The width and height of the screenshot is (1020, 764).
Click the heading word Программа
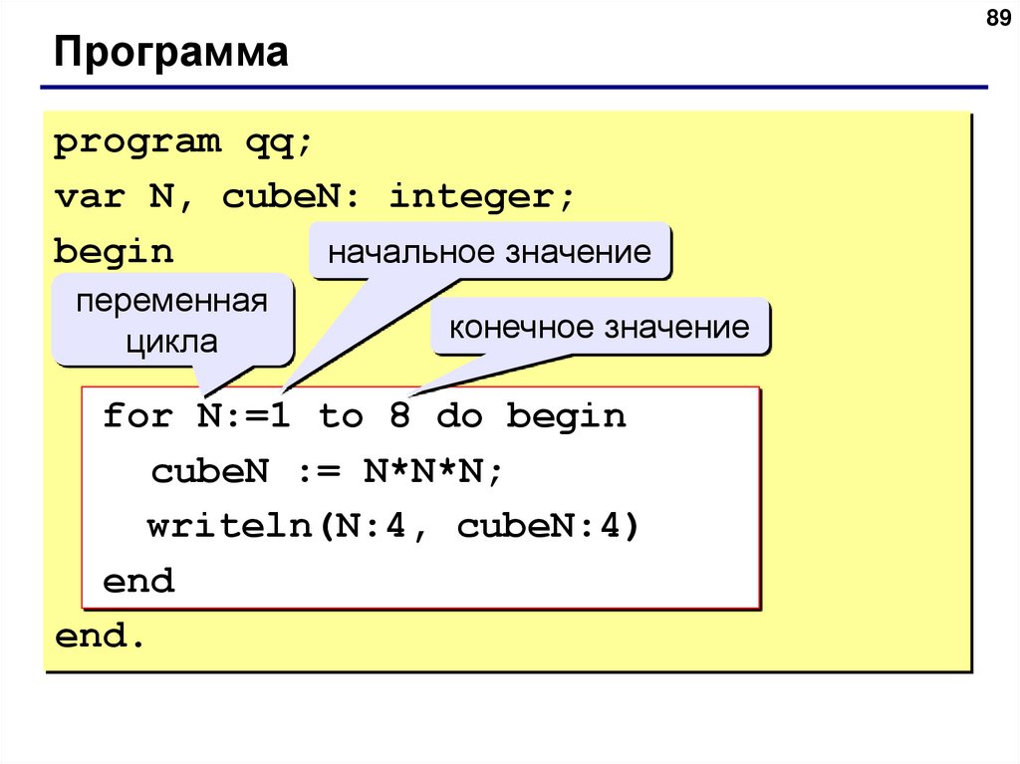[x=171, y=52]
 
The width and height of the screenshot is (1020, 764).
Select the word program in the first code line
[x=136, y=143]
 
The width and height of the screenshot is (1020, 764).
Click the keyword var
[x=89, y=196]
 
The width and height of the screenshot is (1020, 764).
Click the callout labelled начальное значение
[x=489, y=251]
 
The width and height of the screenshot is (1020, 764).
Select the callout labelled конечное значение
[x=600, y=327]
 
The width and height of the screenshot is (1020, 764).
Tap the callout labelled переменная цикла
[x=172, y=322]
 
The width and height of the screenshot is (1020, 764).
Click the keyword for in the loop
[x=137, y=415]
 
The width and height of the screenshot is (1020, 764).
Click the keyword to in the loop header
[x=341, y=415]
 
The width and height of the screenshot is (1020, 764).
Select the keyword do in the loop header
[x=458, y=415]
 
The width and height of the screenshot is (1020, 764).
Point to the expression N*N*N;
[x=433, y=471]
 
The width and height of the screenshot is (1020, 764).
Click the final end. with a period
[x=101, y=636]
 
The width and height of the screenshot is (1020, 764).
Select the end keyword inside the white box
[x=138, y=581]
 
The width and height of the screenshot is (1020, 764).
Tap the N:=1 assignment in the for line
[x=244, y=415]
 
